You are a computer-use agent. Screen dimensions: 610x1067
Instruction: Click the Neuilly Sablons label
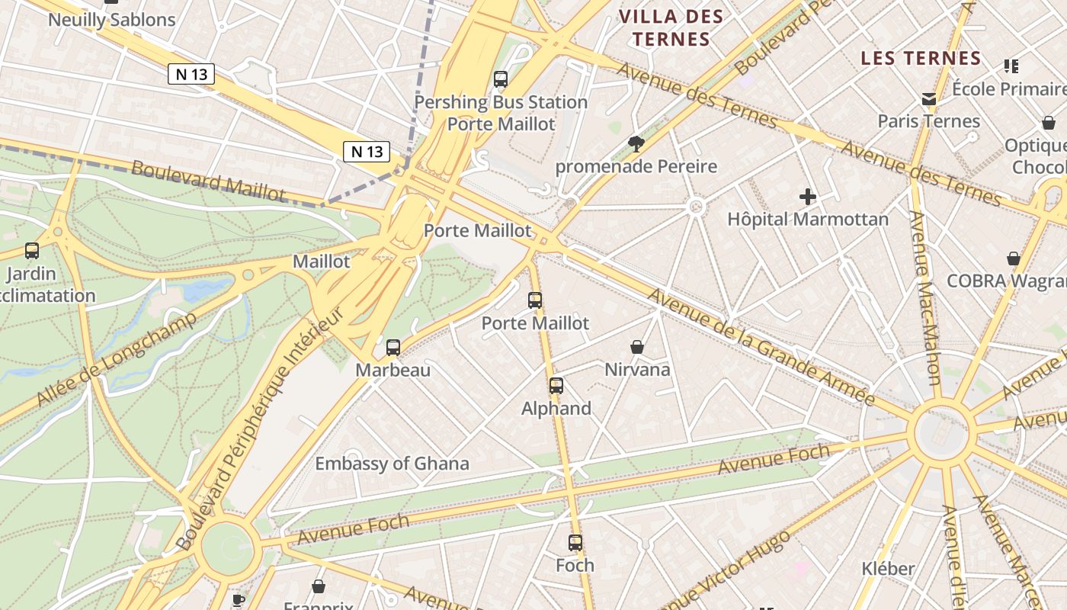[111, 20]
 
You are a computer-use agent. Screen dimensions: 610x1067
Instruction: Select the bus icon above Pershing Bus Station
[501, 79]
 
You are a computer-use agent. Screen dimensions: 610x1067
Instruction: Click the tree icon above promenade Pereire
[636, 143]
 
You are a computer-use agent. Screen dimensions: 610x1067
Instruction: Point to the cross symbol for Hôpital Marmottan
[808, 197]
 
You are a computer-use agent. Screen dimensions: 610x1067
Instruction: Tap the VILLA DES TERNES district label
[671, 27]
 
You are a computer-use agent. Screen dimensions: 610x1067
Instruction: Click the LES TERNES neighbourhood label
[921, 58]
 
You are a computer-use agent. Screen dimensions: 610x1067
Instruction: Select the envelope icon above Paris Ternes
[928, 99]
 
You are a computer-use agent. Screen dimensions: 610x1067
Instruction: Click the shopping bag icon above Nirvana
[637, 347]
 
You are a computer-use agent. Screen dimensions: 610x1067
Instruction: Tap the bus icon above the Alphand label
[556, 386]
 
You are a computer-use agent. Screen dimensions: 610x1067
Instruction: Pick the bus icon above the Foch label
[575, 543]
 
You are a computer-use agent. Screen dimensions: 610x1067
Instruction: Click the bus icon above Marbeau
[393, 348]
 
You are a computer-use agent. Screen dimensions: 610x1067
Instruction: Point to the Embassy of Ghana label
[392, 464]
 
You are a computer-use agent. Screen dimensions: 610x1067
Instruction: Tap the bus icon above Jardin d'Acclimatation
[32, 250]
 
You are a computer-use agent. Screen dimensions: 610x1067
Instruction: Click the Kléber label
[888, 569]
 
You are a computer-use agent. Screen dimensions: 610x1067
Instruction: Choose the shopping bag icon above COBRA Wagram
[1014, 258]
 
